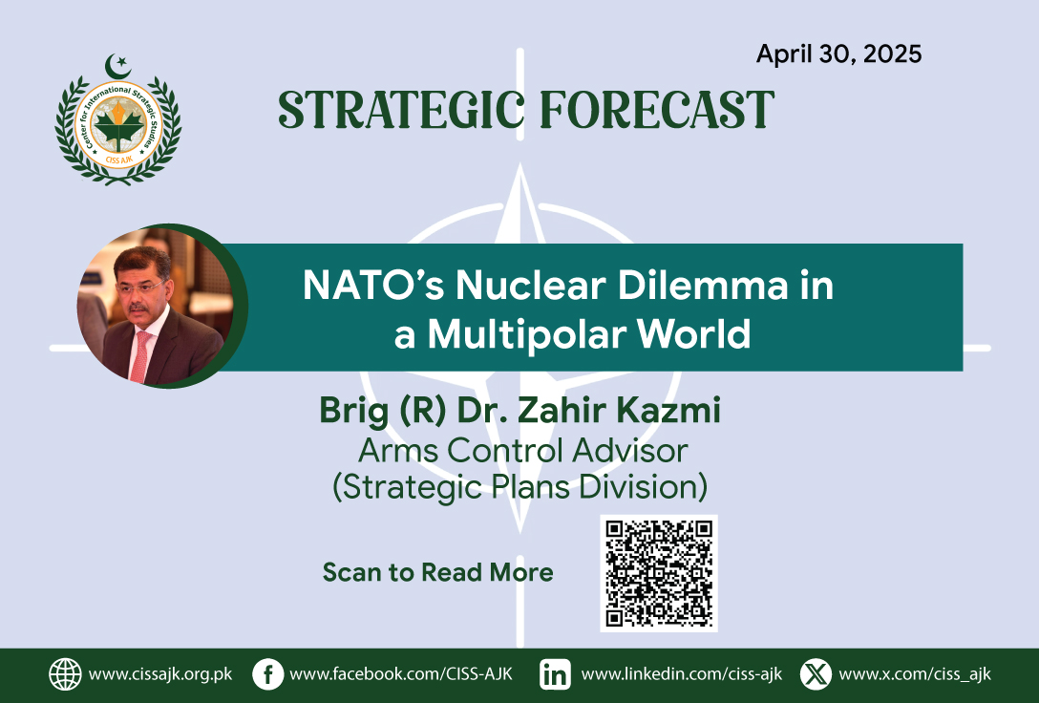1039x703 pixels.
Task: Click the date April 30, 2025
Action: click(x=838, y=54)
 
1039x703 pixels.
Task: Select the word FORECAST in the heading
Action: click(x=657, y=109)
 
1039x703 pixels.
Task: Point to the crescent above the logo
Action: click(x=117, y=66)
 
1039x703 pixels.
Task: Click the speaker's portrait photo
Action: click(x=157, y=306)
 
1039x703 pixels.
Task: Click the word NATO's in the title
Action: click(x=373, y=286)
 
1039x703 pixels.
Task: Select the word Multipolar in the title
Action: click(x=526, y=334)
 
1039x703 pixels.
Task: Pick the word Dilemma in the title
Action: click(x=703, y=286)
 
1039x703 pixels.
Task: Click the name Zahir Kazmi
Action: click(x=618, y=410)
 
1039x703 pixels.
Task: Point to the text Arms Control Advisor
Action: click(x=522, y=451)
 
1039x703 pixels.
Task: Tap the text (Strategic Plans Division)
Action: click(x=520, y=487)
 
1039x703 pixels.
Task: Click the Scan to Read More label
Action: click(x=438, y=572)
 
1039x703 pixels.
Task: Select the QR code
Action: click(x=659, y=573)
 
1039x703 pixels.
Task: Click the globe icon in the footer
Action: click(x=65, y=674)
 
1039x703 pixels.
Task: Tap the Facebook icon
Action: click(x=268, y=674)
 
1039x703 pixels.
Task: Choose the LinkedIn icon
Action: click(x=555, y=674)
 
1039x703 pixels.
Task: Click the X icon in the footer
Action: click(x=816, y=674)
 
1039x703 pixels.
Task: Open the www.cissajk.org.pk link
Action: click(x=160, y=674)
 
